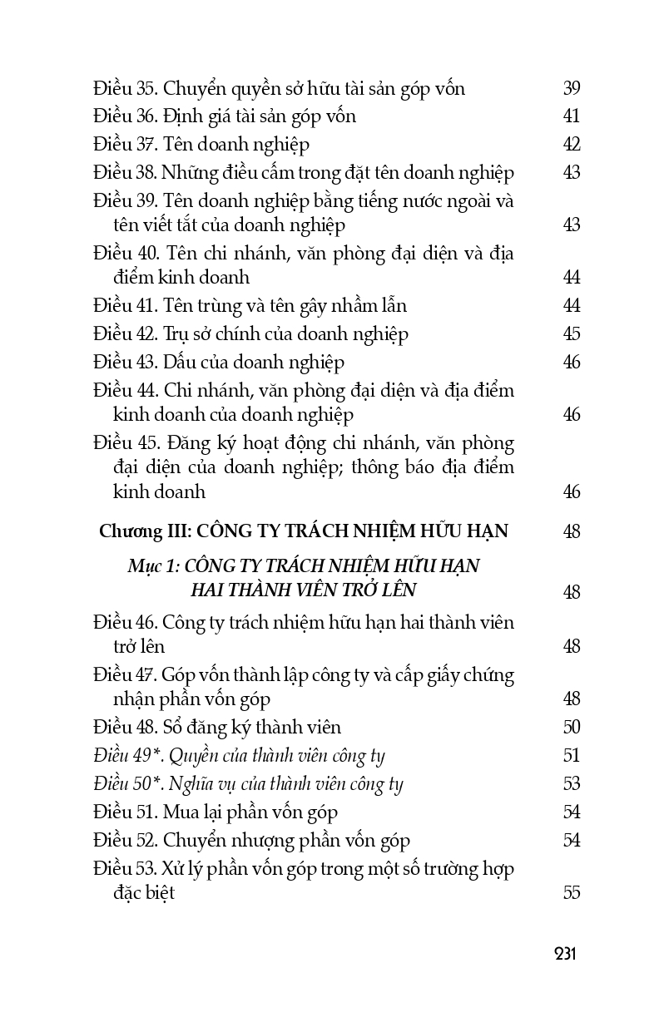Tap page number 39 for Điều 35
point(571,88)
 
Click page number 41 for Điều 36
point(571,116)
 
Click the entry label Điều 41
point(122,306)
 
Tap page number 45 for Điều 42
point(571,334)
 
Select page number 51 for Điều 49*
point(571,756)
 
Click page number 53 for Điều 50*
point(571,784)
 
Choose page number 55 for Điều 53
point(571,893)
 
